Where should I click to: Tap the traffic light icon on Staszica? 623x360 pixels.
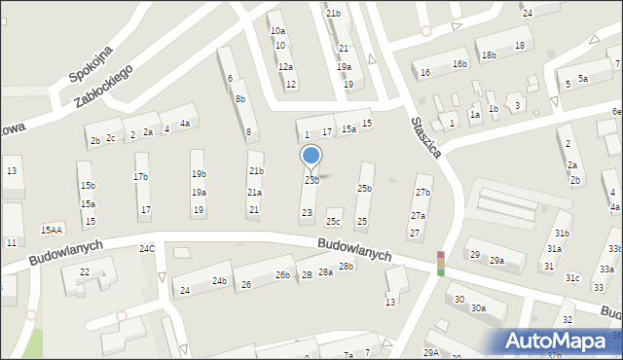coord(440,264)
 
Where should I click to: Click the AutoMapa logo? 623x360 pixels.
coord(562,341)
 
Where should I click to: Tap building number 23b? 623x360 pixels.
coord(311,180)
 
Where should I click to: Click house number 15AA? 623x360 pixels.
coord(52,230)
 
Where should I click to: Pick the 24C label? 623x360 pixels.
coord(147,249)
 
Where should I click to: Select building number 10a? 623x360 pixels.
coord(277,31)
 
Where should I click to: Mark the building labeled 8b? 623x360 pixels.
coord(239,99)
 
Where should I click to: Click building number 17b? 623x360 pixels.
coord(141,176)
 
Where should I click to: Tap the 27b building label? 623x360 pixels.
coord(422,192)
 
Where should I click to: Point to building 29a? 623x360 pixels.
coord(496,260)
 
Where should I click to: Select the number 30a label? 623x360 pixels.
coord(478,307)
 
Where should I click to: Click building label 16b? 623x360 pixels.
coord(458,63)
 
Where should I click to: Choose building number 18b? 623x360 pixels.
coord(488,55)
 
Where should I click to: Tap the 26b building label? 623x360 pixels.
coord(281,275)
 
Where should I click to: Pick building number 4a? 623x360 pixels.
coord(184,123)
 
